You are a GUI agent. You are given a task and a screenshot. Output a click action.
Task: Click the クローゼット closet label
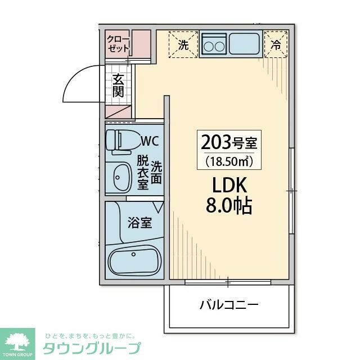pyautogui.click(x=118, y=44)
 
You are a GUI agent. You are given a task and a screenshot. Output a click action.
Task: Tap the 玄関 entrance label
pyautogui.click(x=118, y=85)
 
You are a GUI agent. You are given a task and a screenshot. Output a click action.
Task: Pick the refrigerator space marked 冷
pyautogui.click(x=276, y=45)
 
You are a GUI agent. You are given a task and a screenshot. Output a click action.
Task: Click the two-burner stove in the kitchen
pyautogui.click(x=214, y=44)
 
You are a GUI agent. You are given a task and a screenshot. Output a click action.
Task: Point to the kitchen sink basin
pyautogui.click(x=243, y=43)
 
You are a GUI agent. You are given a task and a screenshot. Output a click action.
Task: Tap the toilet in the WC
pyautogui.click(x=120, y=141)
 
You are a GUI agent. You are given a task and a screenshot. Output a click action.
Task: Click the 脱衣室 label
pyautogui.click(x=143, y=172)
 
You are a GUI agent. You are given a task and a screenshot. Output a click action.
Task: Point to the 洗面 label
pyautogui.click(x=156, y=172)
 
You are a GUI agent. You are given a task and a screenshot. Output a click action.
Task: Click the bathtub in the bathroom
pyautogui.click(x=134, y=262)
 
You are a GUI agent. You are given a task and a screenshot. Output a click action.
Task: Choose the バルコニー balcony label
pyautogui.click(x=229, y=306)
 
